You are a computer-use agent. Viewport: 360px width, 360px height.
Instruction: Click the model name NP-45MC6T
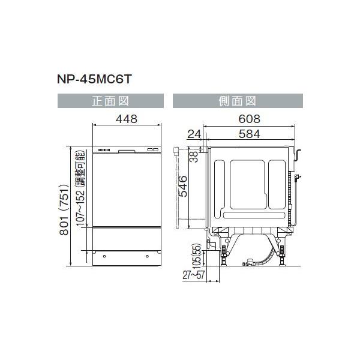[94, 79]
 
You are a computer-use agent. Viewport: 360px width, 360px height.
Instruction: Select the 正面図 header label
[110, 101]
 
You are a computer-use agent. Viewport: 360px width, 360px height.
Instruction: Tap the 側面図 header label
[238, 101]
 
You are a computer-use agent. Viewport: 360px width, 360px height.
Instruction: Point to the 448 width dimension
[127, 119]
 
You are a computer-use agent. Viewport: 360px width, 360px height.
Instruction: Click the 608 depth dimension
[250, 119]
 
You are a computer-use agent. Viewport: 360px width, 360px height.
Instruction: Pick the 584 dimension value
[250, 134]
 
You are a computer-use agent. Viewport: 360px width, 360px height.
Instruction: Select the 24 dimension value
[194, 134]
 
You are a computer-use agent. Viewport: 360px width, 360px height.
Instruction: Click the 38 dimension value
[194, 157]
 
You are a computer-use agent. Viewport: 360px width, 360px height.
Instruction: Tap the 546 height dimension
[183, 186]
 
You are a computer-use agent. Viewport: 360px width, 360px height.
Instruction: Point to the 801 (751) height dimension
[64, 209]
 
